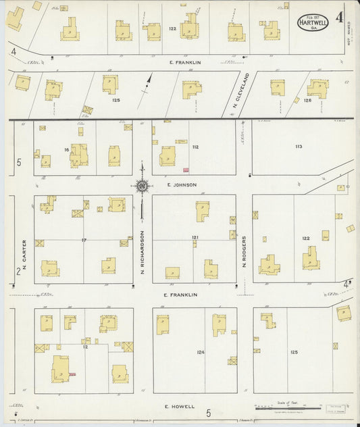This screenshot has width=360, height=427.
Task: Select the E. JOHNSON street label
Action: coord(180,184)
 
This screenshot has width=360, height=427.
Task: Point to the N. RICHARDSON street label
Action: coord(143,252)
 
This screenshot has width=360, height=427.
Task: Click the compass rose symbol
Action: coord(142,185)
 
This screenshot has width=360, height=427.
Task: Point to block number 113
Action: coord(298,146)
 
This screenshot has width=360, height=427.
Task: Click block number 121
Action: coord(195,238)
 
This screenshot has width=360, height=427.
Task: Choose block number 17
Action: coord(84,241)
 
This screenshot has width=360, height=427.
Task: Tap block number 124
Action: coord(201,352)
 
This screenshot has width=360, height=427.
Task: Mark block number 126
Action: coord(307,101)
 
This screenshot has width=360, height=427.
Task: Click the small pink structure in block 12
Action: coord(71,374)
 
